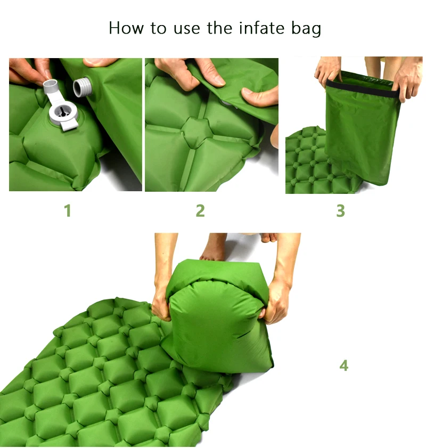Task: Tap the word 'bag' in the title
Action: (x=308, y=28)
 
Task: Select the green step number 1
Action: (x=68, y=211)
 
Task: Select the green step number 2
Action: (x=200, y=211)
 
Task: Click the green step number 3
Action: (x=341, y=211)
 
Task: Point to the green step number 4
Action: (x=344, y=365)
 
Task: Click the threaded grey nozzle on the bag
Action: (x=83, y=86)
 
